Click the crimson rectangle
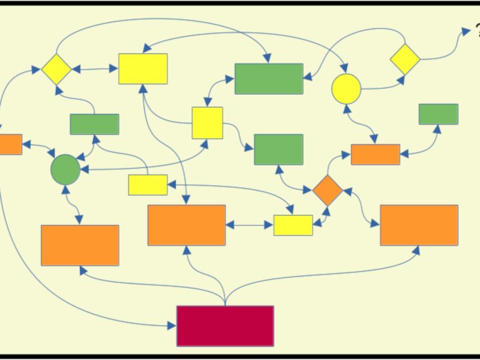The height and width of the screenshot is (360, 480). tap(225, 326)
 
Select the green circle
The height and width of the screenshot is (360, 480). tap(65, 169)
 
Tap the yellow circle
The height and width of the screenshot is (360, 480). tap(346, 88)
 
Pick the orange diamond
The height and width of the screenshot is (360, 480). tap(328, 190)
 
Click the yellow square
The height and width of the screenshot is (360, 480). tap(207, 122)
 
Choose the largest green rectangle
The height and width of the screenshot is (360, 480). tap(269, 79)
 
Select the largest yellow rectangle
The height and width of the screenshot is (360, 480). tap(143, 68)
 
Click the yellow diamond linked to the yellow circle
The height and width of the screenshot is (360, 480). tap(405, 59)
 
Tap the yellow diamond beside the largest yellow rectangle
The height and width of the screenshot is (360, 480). tap(56, 69)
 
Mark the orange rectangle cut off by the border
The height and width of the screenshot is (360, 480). tap(10, 144)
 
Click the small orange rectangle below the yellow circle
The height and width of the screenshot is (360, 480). tap(375, 154)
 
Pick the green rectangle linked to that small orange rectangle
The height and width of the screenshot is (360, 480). tap(438, 114)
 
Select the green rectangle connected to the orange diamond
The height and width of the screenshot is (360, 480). tap(278, 149)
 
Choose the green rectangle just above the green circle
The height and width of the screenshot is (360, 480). tap(94, 124)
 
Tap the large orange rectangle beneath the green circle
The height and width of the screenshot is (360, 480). tap(80, 245)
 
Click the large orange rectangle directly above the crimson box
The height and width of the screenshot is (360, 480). tap(187, 225)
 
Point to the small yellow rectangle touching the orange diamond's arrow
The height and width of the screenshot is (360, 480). tap(293, 225)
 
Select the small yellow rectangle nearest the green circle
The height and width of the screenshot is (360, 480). tap(148, 185)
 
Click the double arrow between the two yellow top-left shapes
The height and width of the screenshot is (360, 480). tap(95, 69)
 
